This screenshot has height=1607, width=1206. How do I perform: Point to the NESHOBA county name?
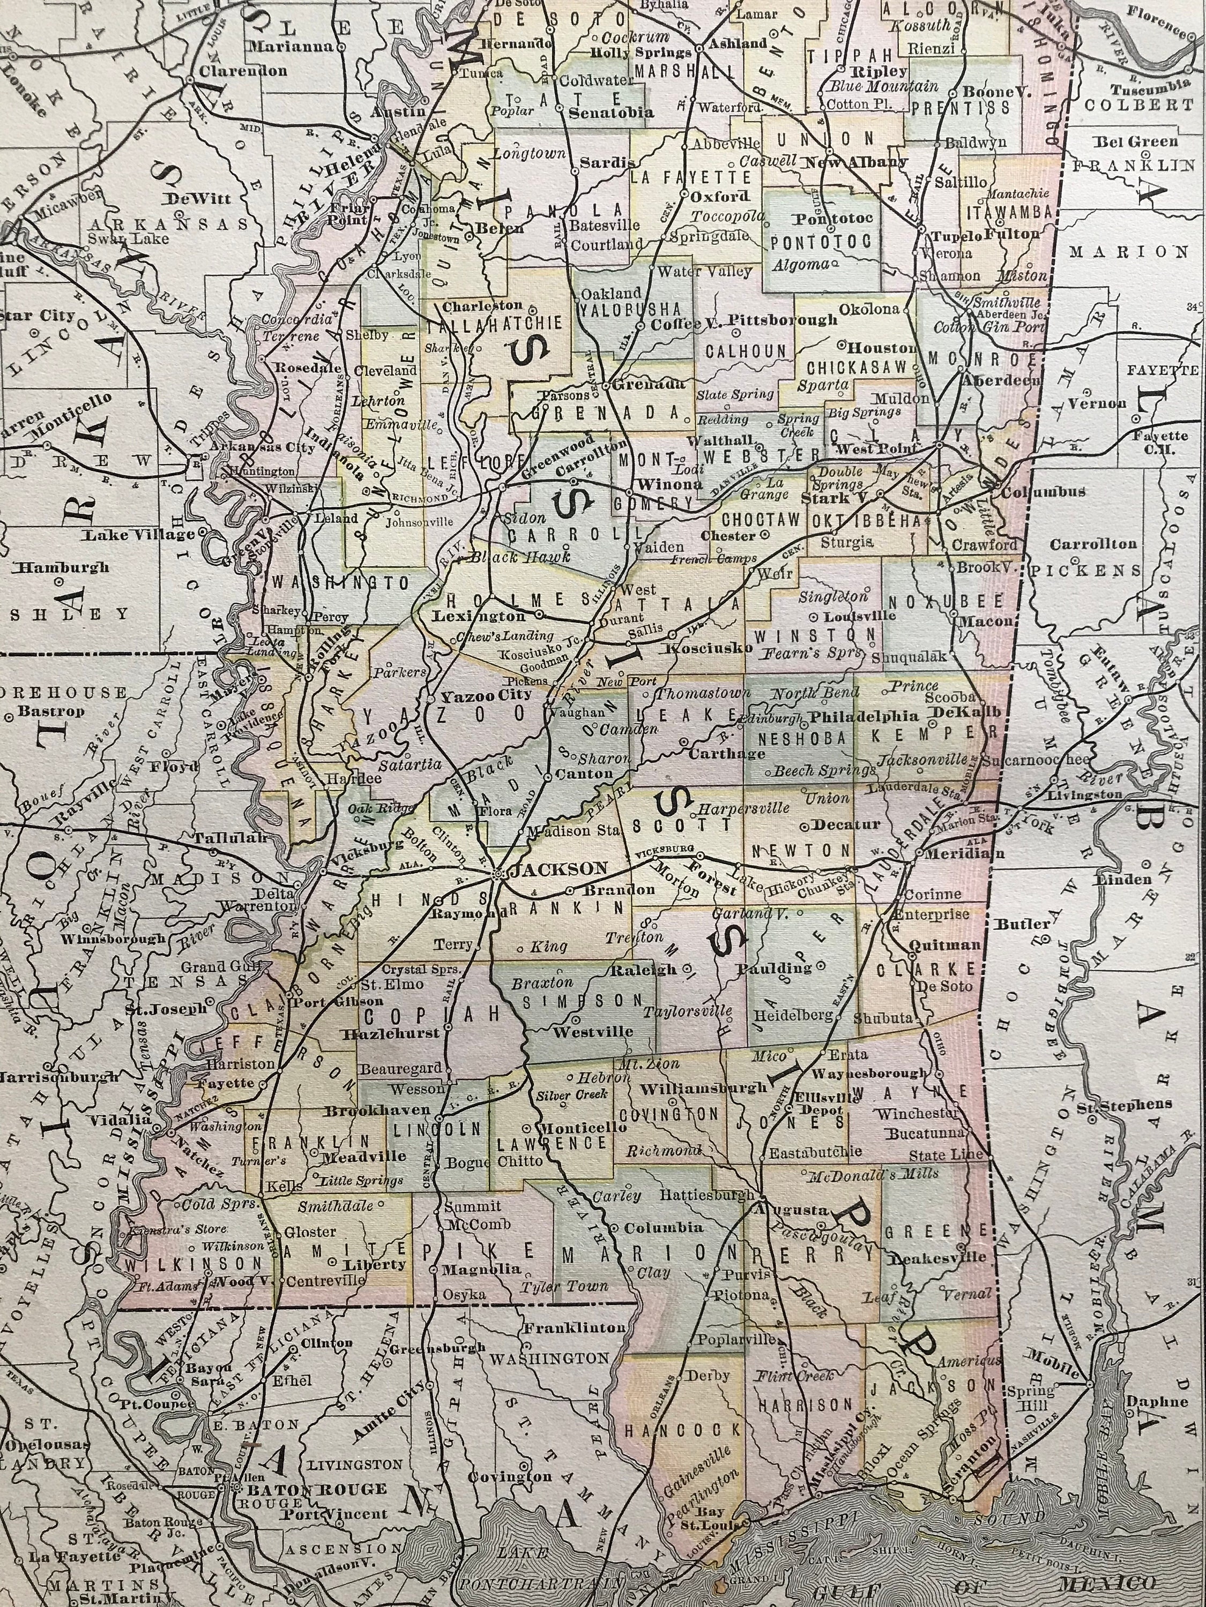802,738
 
